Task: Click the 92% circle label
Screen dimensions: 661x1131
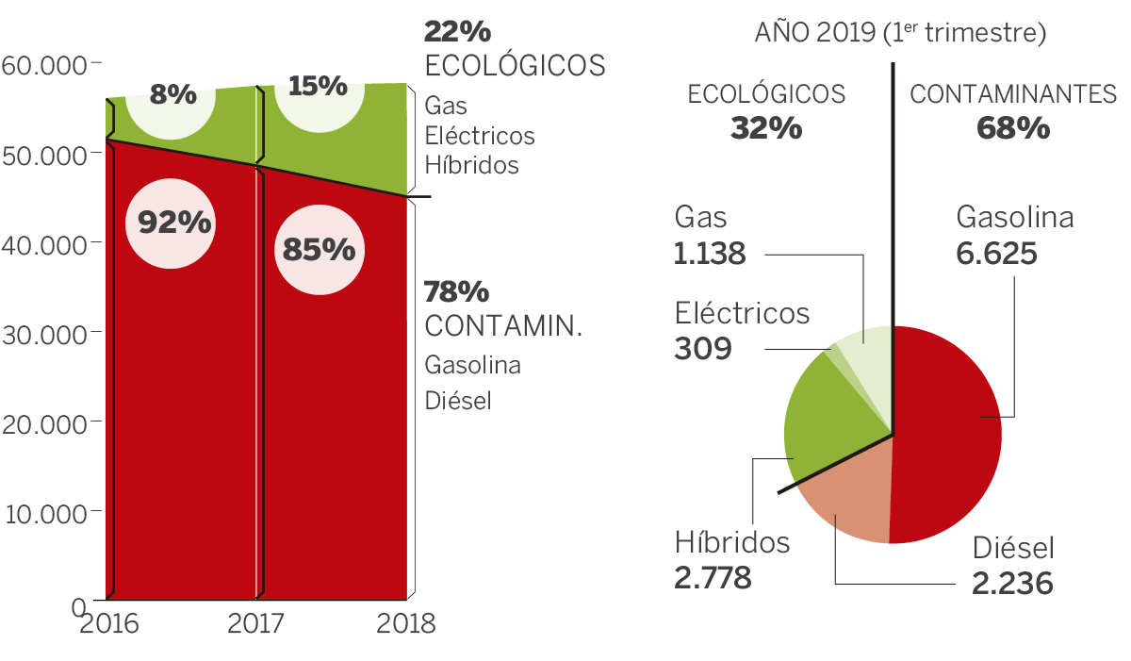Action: coord(174,223)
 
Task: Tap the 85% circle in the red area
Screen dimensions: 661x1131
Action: coord(317,250)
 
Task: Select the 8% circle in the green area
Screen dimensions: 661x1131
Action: coord(172,95)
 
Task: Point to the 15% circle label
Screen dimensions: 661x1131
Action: coord(318,87)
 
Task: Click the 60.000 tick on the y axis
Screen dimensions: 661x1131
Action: coord(44,65)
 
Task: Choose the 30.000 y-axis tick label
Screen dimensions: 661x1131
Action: coord(44,334)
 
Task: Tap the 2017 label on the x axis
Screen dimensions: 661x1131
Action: coord(254,623)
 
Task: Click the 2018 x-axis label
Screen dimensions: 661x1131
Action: coord(405,623)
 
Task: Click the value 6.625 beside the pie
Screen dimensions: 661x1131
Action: coord(996,254)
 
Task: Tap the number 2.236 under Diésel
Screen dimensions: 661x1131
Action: coord(1012,584)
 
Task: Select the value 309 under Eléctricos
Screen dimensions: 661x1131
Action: coord(703,349)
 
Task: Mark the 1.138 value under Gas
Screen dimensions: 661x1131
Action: coord(710,254)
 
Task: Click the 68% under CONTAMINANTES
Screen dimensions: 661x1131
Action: coord(1013,127)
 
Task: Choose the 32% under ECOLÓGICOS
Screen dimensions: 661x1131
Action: coord(766,127)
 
